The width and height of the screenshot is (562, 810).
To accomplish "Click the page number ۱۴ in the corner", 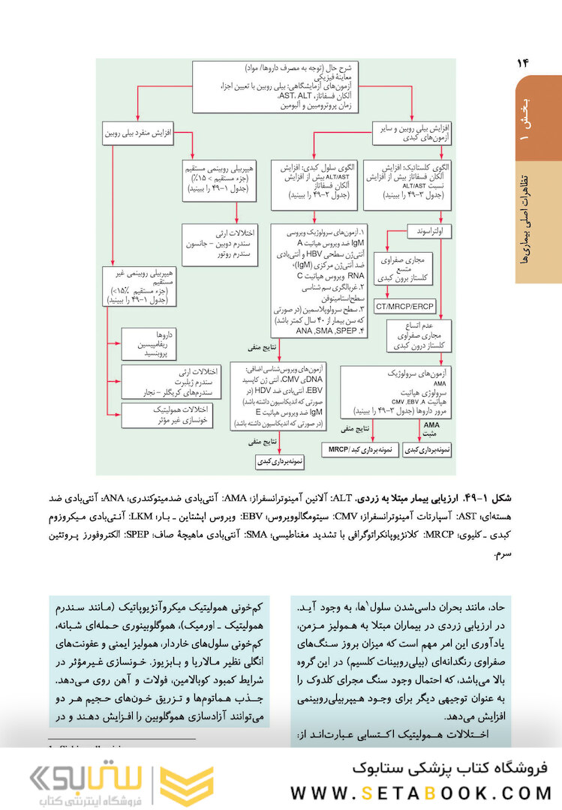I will click(523, 64).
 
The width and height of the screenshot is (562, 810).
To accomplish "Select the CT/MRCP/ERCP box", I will click(405, 307).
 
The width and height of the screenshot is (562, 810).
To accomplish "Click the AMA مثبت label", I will click(428, 428).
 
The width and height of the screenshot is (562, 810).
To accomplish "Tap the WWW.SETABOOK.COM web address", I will click(421, 793).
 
